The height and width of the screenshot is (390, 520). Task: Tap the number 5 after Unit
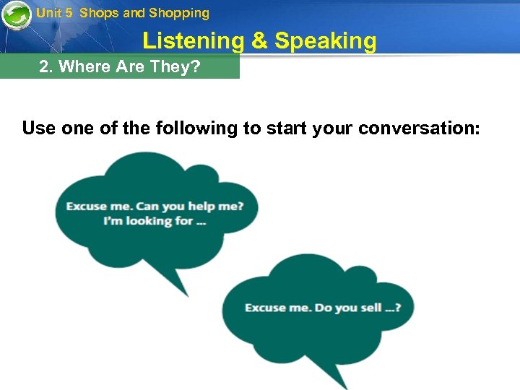pyautogui.click(x=69, y=13)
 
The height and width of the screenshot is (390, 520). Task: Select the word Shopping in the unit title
pyautogui.click(x=179, y=13)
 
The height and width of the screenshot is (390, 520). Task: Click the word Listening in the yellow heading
pyautogui.click(x=194, y=41)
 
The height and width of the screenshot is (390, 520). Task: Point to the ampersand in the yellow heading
pyautogui.click(x=259, y=41)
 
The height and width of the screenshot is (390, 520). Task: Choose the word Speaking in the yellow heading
pyautogui.click(x=326, y=41)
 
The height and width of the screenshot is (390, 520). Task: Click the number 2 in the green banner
pyautogui.click(x=44, y=67)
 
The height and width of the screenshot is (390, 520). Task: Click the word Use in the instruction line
pyautogui.click(x=38, y=129)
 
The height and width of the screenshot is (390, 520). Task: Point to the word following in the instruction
pyautogui.click(x=203, y=129)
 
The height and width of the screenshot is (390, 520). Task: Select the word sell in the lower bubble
pyautogui.click(x=370, y=308)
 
